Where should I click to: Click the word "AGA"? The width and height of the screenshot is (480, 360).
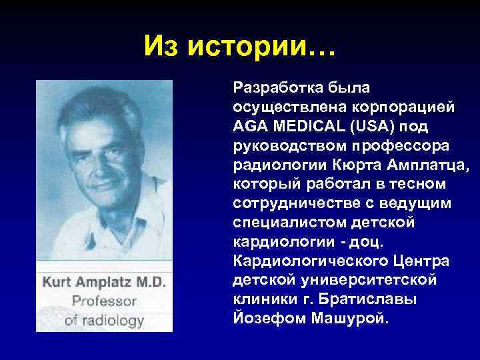[249, 126]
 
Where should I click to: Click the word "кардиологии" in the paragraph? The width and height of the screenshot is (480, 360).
[273, 241]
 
